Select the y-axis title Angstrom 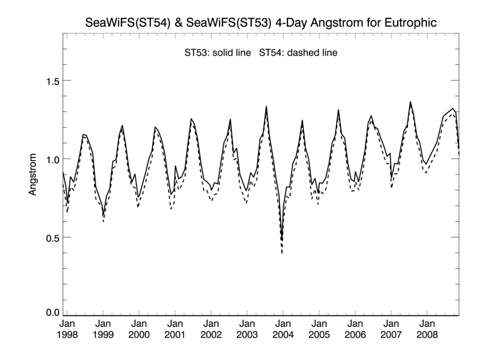click(33, 174)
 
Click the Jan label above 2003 click(247, 323)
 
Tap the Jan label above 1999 click(103, 323)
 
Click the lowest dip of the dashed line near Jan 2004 click(282, 253)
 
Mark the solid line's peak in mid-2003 click(266, 107)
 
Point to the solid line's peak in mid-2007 click(410, 102)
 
